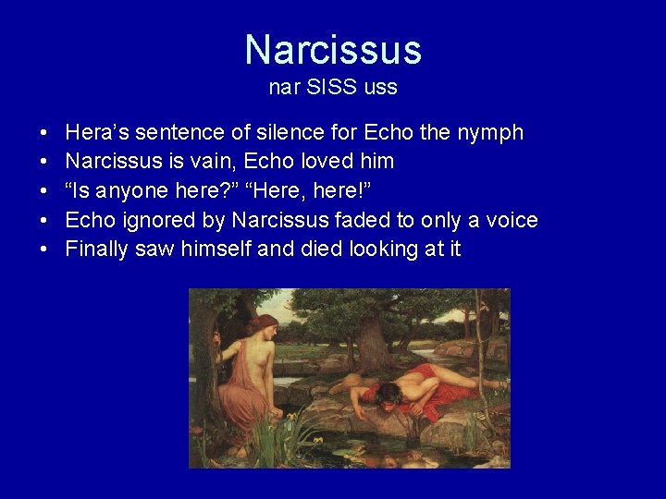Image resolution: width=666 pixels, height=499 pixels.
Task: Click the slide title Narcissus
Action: pos(333,50)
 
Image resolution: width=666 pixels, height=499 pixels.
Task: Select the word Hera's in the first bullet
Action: pos(96,132)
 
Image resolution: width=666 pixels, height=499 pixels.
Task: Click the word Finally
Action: pos(98,249)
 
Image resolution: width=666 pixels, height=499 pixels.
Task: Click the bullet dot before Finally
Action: pos(44,249)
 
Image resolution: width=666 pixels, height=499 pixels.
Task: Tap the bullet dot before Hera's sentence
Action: pos(44,133)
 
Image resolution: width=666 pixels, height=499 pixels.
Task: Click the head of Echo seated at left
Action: pos(264,327)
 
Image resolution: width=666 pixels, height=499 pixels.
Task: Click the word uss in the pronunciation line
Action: pos(380,88)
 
